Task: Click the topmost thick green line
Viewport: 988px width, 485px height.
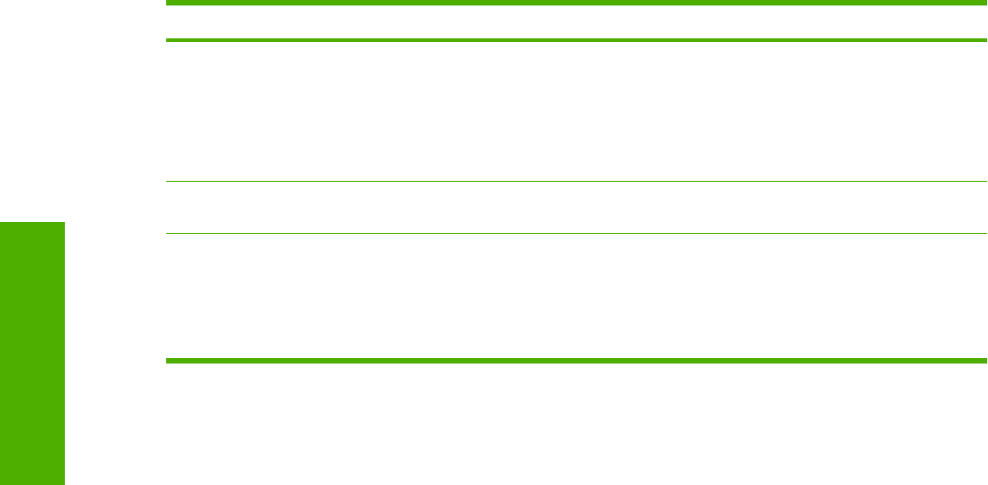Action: click(x=575, y=4)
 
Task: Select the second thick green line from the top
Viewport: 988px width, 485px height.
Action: click(x=575, y=40)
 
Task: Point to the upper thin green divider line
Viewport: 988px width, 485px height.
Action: click(x=575, y=182)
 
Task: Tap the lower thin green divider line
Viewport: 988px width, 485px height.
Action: click(x=575, y=233)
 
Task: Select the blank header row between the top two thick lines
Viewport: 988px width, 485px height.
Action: click(x=575, y=22)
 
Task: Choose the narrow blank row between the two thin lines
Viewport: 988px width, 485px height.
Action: click(x=575, y=207)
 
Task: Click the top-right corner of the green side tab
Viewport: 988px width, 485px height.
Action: click(x=64, y=223)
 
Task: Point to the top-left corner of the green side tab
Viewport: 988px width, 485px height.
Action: click(x=1, y=223)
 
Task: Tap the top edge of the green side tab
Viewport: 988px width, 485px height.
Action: click(x=33, y=223)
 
